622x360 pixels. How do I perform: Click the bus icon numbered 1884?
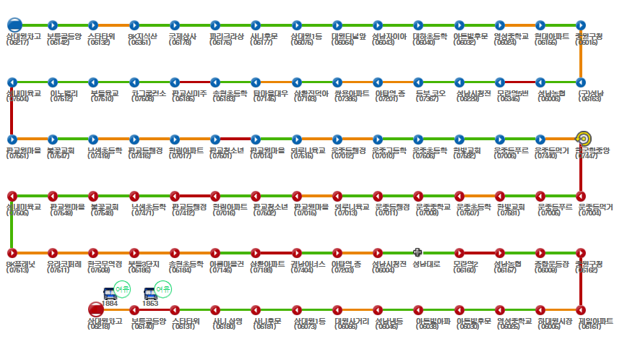[x=110, y=293]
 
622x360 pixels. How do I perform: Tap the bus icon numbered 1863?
[x=150, y=293]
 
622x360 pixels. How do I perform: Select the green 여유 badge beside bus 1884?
[x=123, y=289]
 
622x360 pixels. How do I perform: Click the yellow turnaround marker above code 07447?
[x=583, y=138]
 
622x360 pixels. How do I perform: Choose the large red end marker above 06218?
[x=95, y=309]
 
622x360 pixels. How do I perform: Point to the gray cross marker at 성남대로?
[x=418, y=252]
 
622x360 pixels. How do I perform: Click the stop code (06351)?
[x=139, y=43]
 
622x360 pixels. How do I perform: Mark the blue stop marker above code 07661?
[x=12, y=138]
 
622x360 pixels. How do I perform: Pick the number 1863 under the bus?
[x=150, y=304]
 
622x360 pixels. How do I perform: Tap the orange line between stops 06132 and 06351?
[x=114, y=25]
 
